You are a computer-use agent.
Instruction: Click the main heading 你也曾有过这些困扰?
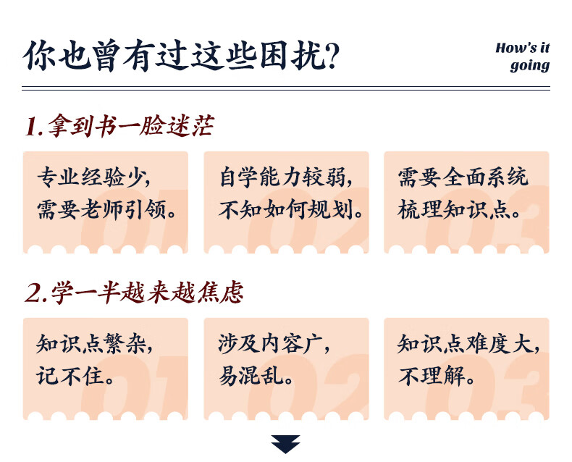pyautogui.click(x=181, y=56)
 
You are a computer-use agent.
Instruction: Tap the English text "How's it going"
pyautogui.click(x=522, y=57)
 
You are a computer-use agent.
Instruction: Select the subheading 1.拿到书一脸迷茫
pyautogui.click(x=119, y=126)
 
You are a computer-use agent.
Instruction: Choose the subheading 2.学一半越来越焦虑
pyautogui.click(x=134, y=293)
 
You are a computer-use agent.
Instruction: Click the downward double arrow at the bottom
pyautogui.click(x=285, y=444)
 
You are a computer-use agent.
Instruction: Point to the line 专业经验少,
pyautogui.click(x=93, y=177)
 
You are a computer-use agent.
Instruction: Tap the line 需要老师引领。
pyautogui.click(x=107, y=209)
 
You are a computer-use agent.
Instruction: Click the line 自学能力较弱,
pyautogui.click(x=287, y=177)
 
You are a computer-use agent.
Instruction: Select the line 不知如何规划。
pyautogui.click(x=290, y=209)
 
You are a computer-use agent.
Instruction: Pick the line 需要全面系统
pyautogui.click(x=463, y=177)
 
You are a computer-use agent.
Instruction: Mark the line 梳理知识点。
pyautogui.click(x=458, y=209)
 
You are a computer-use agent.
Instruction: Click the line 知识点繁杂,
pyautogui.click(x=94, y=343)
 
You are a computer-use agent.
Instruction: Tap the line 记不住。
pyautogui.click(x=75, y=375)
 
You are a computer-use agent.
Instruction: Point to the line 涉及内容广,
pyautogui.click(x=274, y=343)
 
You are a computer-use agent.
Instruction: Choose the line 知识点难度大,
pyautogui.click(x=468, y=343)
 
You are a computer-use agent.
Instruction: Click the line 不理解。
pyautogui.click(x=437, y=375)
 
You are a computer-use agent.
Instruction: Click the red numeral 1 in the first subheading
pyautogui.click(x=32, y=127)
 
